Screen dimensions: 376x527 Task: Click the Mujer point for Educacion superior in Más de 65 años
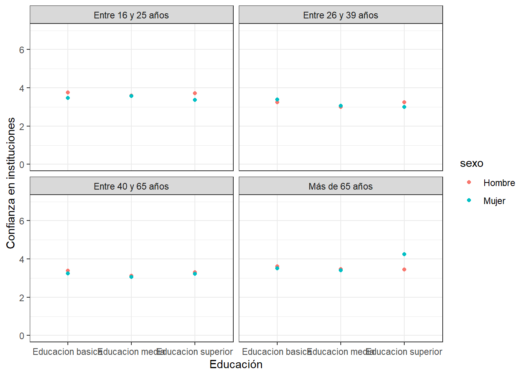(x=404, y=254)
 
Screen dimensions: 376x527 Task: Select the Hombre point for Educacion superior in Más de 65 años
(x=404, y=269)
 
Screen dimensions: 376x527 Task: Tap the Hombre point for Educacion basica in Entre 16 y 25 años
(x=68, y=92)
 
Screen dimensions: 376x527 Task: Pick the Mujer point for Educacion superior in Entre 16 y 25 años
(x=195, y=100)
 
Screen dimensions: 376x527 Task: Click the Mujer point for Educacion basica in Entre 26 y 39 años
(x=277, y=99)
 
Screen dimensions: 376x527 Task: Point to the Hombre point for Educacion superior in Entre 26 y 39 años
(x=404, y=102)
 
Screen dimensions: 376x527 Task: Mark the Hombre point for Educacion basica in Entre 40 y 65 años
(x=68, y=271)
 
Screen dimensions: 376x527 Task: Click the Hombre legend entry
(x=499, y=183)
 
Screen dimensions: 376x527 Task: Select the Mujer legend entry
(x=494, y=201)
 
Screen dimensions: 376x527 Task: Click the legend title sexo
(x=471, y=163)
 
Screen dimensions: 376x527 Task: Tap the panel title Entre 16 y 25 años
(x=131, y=15)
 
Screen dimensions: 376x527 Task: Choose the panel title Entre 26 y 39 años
(x=340, y=15)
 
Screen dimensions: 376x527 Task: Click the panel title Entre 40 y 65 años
(x=131, y=186)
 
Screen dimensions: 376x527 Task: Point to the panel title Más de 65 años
(x=340, y=186)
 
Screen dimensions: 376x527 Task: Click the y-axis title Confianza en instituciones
(x=11, y=183)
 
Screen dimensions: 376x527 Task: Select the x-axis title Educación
(x=236, y=364)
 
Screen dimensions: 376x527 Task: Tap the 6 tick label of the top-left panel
(x=22, y=50)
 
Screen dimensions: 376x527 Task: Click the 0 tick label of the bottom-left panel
(x=22, y=336)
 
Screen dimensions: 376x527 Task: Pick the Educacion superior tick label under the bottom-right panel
(x=404, y=352)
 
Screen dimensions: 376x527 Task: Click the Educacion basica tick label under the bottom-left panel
(x=67, y=352)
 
